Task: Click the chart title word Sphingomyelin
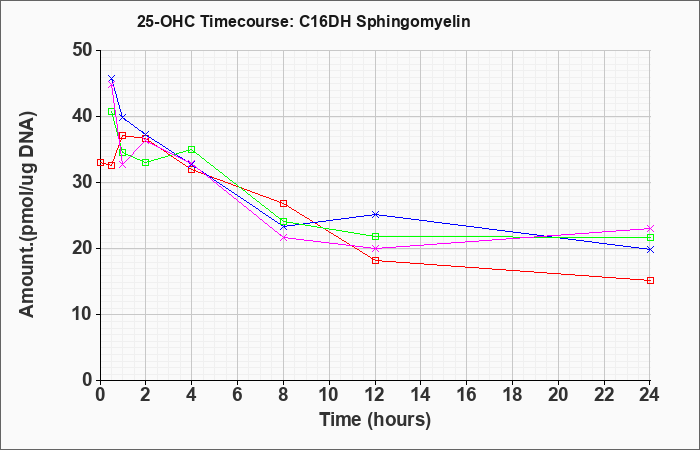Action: click(x=413, y=22)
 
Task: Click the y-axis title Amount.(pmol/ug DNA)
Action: click(x=27, y=215)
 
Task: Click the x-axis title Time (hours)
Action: click(x=375, y=420)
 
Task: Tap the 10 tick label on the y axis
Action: click(x=83, y=314)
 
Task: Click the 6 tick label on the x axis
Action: click(x=238, y=394)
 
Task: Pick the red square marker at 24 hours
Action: click(x=650, y=280)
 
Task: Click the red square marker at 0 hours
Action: click(x=100, y=162)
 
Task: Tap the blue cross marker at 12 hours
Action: click(x=375, y=214)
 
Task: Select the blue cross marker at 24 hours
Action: click(x=650, y=250)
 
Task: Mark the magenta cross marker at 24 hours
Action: click(x=650, y=229)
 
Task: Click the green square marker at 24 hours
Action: click(x=650, y=238)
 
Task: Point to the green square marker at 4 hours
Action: click(x=192, y=149)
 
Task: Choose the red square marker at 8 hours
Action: click(x=283, y=204)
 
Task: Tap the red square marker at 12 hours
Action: click(x=375, y=260)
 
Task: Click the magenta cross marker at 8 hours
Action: click(x=283, y=238)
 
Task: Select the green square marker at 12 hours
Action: click(x=375, y=236)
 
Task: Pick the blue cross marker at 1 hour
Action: click(x=123, y=117)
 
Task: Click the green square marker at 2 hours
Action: click(x=146, y=162)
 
